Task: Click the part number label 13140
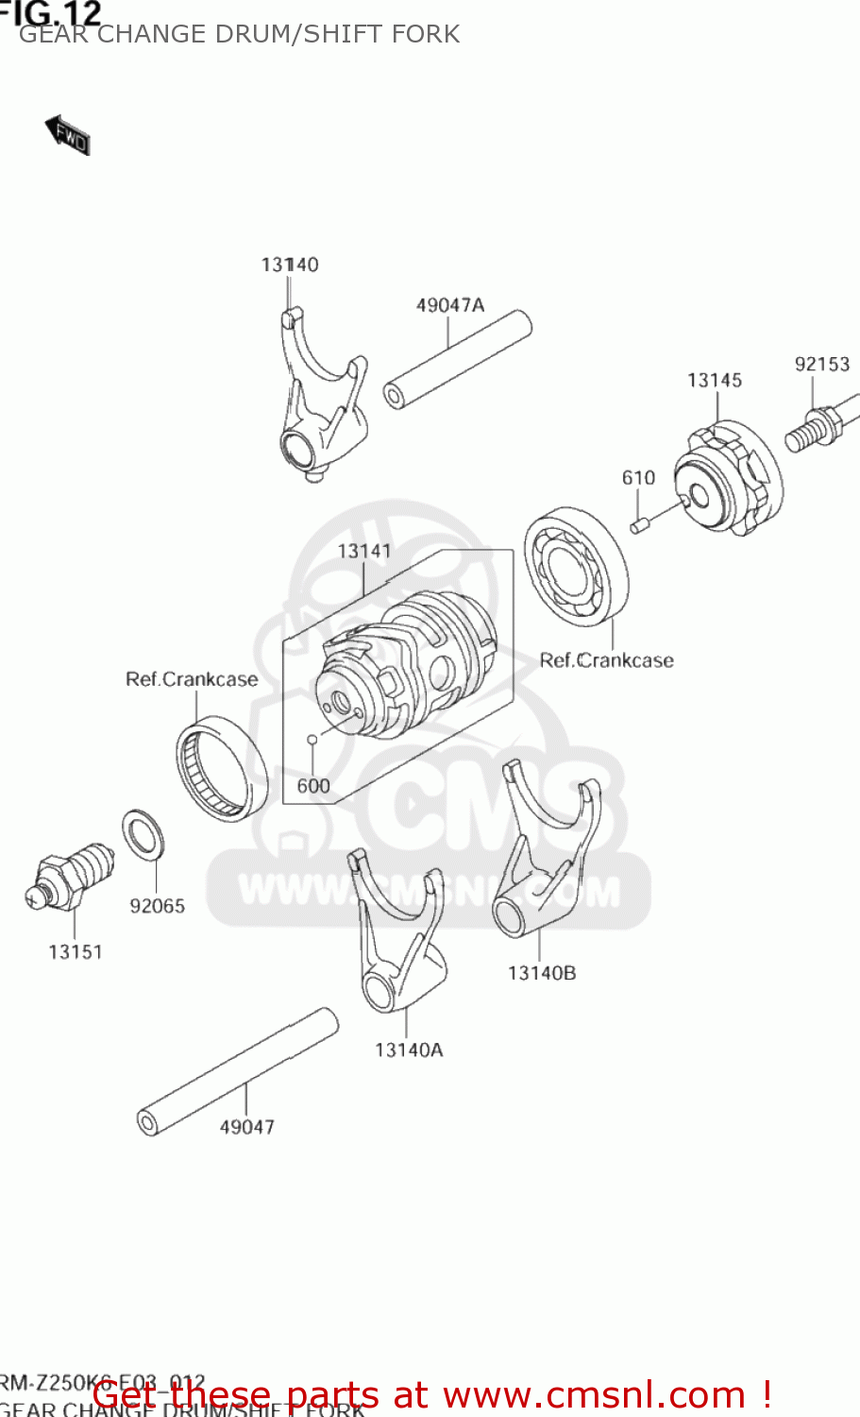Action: click(290, 265)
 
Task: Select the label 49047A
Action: click(449, 304)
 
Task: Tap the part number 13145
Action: click(714, 380)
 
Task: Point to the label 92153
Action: click(821, 364)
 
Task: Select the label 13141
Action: click(363, 551)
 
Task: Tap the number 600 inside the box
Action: click(313, 785)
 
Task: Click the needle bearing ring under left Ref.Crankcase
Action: click(221, 767)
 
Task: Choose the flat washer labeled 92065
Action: click(144, 835)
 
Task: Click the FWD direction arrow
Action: click(68, 135)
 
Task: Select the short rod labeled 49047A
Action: click(458, 359)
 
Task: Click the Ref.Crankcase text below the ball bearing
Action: click(606, 660)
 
